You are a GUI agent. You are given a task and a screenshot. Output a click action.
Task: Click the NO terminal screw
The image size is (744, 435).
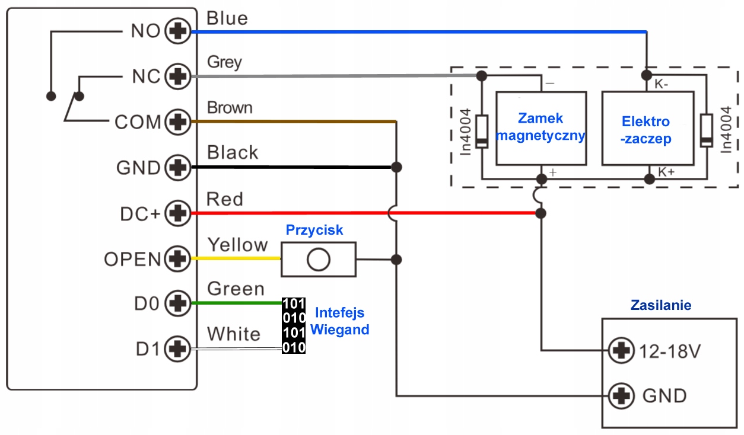pyautogui.click(x=176, y=31)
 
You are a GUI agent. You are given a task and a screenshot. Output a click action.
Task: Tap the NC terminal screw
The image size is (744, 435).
pyautogui.click(x=176, y=76)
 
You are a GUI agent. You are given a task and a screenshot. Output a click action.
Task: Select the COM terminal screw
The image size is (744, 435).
pyautogui.click(x=176, y=123)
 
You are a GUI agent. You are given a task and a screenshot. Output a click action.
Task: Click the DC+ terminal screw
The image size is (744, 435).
pyautogui.click(x=176, y=213)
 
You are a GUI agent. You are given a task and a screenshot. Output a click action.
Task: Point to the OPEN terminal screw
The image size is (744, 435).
pyautogui.click(x=176, y=259)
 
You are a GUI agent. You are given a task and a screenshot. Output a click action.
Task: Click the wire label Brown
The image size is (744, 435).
pyautogui.click(x=230, y=108)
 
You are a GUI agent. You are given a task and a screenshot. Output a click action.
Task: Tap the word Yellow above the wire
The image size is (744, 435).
pyautogui.click(x=237, y=245)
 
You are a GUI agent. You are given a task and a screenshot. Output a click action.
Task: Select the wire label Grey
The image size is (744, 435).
pyautogui.click(x=224, y=62)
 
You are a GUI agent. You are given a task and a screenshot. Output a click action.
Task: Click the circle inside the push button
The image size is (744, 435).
pyautogui.click(x=319, y=259)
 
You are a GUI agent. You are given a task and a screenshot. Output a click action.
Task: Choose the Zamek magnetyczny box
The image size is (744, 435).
pyautogui.click(x=540, y=128)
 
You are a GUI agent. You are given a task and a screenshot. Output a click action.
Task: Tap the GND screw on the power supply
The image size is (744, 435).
pyautogui.click(x=622, y=395)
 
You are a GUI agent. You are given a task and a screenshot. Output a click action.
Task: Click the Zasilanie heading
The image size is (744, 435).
pyautogui.click(x=660, y=305)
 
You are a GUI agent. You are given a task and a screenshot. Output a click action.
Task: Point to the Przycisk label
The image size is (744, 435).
pyautogui.click(x=314, y=229)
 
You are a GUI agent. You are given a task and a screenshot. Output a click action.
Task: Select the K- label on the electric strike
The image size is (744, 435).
pyautogui.click(x=662, y=84)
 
